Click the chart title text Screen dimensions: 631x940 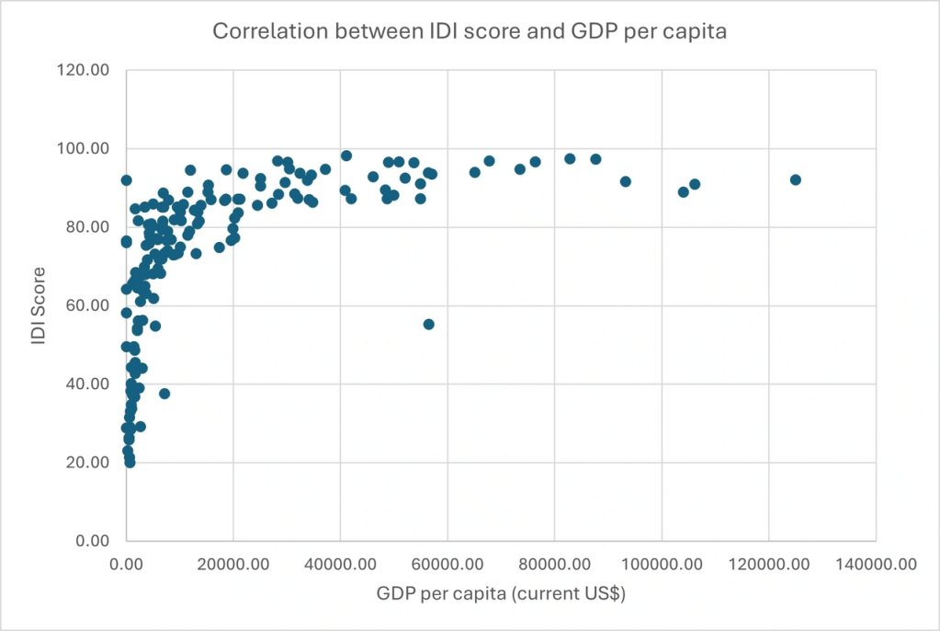tap(469, 30)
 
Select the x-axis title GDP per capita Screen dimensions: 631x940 tap(501, 594)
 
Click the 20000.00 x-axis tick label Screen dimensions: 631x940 tap(232, 565)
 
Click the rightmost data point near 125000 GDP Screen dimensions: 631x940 tap(796, 179)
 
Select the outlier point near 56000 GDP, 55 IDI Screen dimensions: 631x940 tap(428, 324)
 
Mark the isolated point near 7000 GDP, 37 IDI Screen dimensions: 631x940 tap(164, 394)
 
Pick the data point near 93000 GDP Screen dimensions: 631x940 tap(626, 181)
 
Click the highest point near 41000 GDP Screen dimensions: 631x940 tap(346, 155)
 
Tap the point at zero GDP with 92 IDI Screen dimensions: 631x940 tap(126, 180)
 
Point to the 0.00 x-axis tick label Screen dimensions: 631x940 tap(126, 565)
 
